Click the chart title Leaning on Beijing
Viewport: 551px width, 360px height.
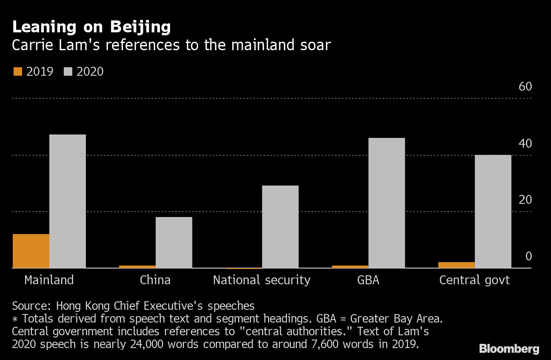pyautogui.click(x=91, y=27)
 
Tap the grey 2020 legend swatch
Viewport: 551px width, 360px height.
pyautogui.click(x=67, y=71)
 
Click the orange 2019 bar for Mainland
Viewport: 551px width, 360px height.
pyautogui.click(x=31, y=251)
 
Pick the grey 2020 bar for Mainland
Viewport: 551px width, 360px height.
pyautogui.click(x=67, y=201)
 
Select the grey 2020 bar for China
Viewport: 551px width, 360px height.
pyautogui.click(x=173, y=242)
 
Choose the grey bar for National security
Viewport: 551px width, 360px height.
pyautogui.click(x=280, y=226)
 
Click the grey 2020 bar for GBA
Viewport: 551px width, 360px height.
pyautogui.click(x=386, y=203)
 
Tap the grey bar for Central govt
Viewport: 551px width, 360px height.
pyautogui.click(x=492, y=211)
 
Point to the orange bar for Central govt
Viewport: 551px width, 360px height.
pyautogui.click(x=456, y=265)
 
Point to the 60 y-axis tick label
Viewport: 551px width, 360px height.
pyautogui.click(x=525, y=87)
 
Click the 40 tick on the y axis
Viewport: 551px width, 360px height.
pyautogui.click(x=525, y=143)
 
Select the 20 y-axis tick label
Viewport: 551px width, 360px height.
pyautogui.click(x=525, y=200)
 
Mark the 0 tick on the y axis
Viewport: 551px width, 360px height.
pyautogui.click(x=528, y=256)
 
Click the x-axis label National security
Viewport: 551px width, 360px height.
pyautogui.click(x=261, y=280)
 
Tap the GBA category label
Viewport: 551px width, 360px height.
pyautogui.click(x=368, y=280)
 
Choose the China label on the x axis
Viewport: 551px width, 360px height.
pyautogui.click(x=155, y=280)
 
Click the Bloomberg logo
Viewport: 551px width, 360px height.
pyautogui.click(x=509, y=349)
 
